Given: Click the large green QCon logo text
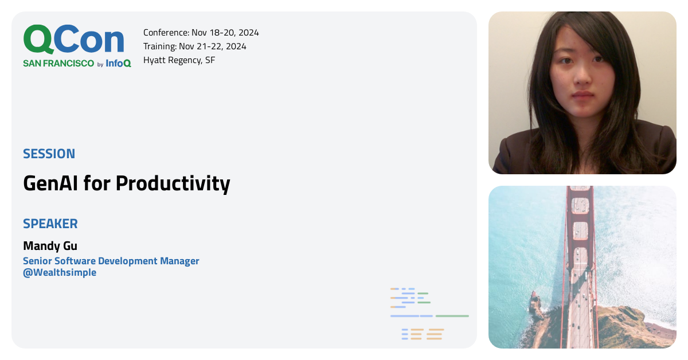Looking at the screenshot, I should click(x=73, y=40).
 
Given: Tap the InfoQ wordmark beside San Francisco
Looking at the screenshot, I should click(x=118, y=64).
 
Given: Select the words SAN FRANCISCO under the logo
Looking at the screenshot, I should click(x=58, y=64).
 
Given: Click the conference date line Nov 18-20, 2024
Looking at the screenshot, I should click(x=225, y=33).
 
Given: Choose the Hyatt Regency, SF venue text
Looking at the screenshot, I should click(x=179, y=60).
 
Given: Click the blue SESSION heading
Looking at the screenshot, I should click(x=49, y=154).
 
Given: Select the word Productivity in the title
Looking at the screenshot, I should click(x=173, y=184).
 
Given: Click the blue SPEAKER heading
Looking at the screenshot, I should click(x=50, y=224).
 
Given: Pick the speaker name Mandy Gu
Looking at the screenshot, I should click(x=50, y=246).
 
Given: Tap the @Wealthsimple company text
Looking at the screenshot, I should click(x=60, y=273).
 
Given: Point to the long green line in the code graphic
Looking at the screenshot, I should click(x=452, y=316).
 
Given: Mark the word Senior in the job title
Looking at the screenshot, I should click(x=37, y=261).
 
